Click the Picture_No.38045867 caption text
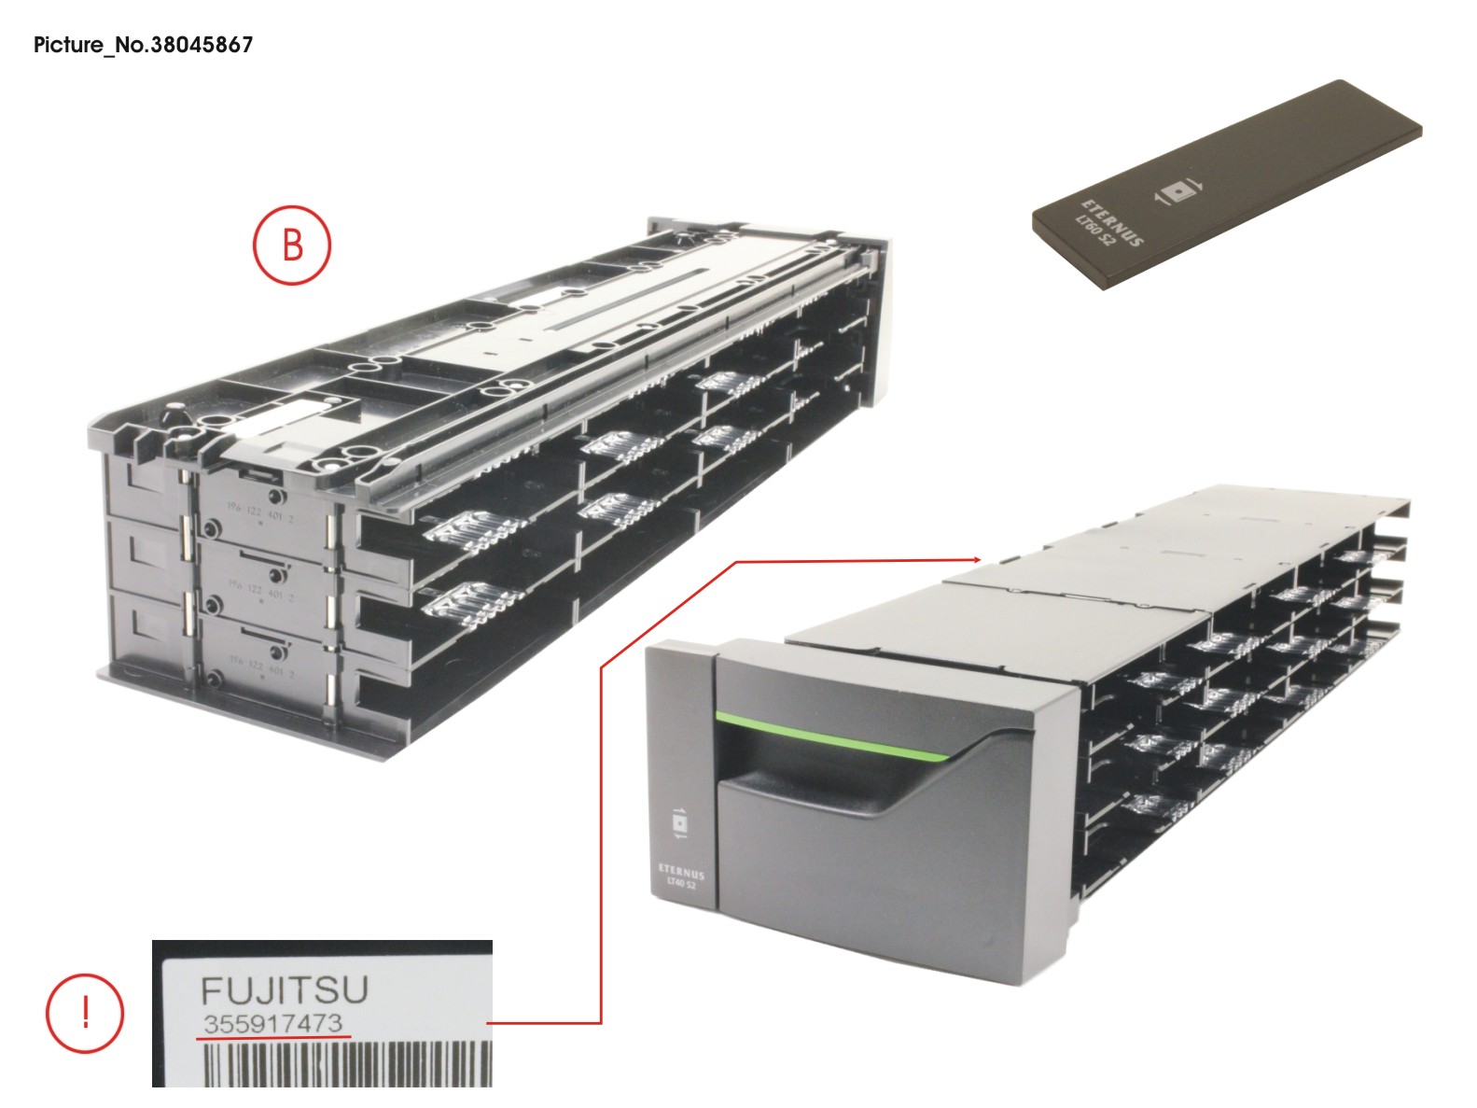(143, 44)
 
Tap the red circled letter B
(293, 245)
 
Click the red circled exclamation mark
(85, 1013)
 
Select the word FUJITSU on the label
(285, 989)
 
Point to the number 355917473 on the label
(273, 1024)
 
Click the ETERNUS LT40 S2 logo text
(680, 877)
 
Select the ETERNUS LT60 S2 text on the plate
(1110, 224)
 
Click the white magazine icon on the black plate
(1179, 192)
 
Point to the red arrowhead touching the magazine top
(974, 560)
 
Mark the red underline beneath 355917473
(273, 1036)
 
